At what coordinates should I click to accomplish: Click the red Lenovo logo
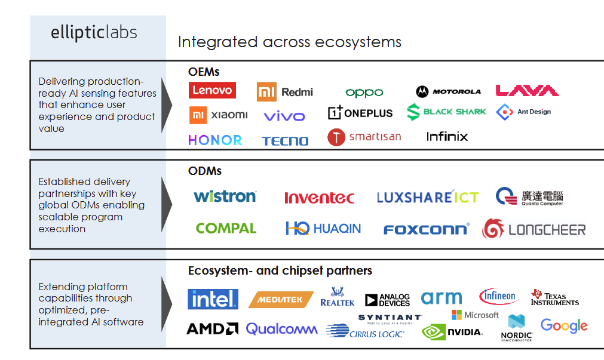pyautogui.click(x=212, y=90)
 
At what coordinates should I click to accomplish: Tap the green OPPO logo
pyautogui.click(x=364, y=93)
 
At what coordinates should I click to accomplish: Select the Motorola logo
pyautogui.click(x=449, y=91)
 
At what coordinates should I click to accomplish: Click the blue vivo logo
pyautogui.click(x=284, y=116)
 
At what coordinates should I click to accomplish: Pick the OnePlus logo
pyautogui.click(x=360, y=112)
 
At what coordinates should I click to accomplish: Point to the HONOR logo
pyautogui.click(x=215, y=140)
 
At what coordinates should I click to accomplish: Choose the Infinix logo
pyautogui.click(x=447, y=137)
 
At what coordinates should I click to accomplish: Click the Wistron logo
pyautogui.click(x=225, y=196)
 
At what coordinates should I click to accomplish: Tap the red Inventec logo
pyautogui.click(x=319, y=198)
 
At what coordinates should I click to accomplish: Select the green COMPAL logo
pyautogui.click(x=226, y=228)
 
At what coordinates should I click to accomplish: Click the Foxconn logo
pyautogui.click(x=426, y=229)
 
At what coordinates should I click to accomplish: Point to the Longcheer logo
pyautogui.click(x=534, y=229)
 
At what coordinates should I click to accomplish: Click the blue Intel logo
pyautogui.click(x=213, y=299)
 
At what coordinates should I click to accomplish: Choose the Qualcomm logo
pyautogui.click(x=281, y=328)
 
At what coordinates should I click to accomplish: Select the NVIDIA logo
pyautogui.click(x=452, y=332)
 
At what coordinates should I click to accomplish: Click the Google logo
pyautogui.click(x=564, y=325)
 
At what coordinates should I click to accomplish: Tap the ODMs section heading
pyautogui.click(x=205, y=171)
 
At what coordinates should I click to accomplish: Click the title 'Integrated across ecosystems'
pyautogui.click(x=290, y=42)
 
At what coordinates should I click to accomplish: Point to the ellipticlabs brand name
pyautogui.click(x=94, y=32)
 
